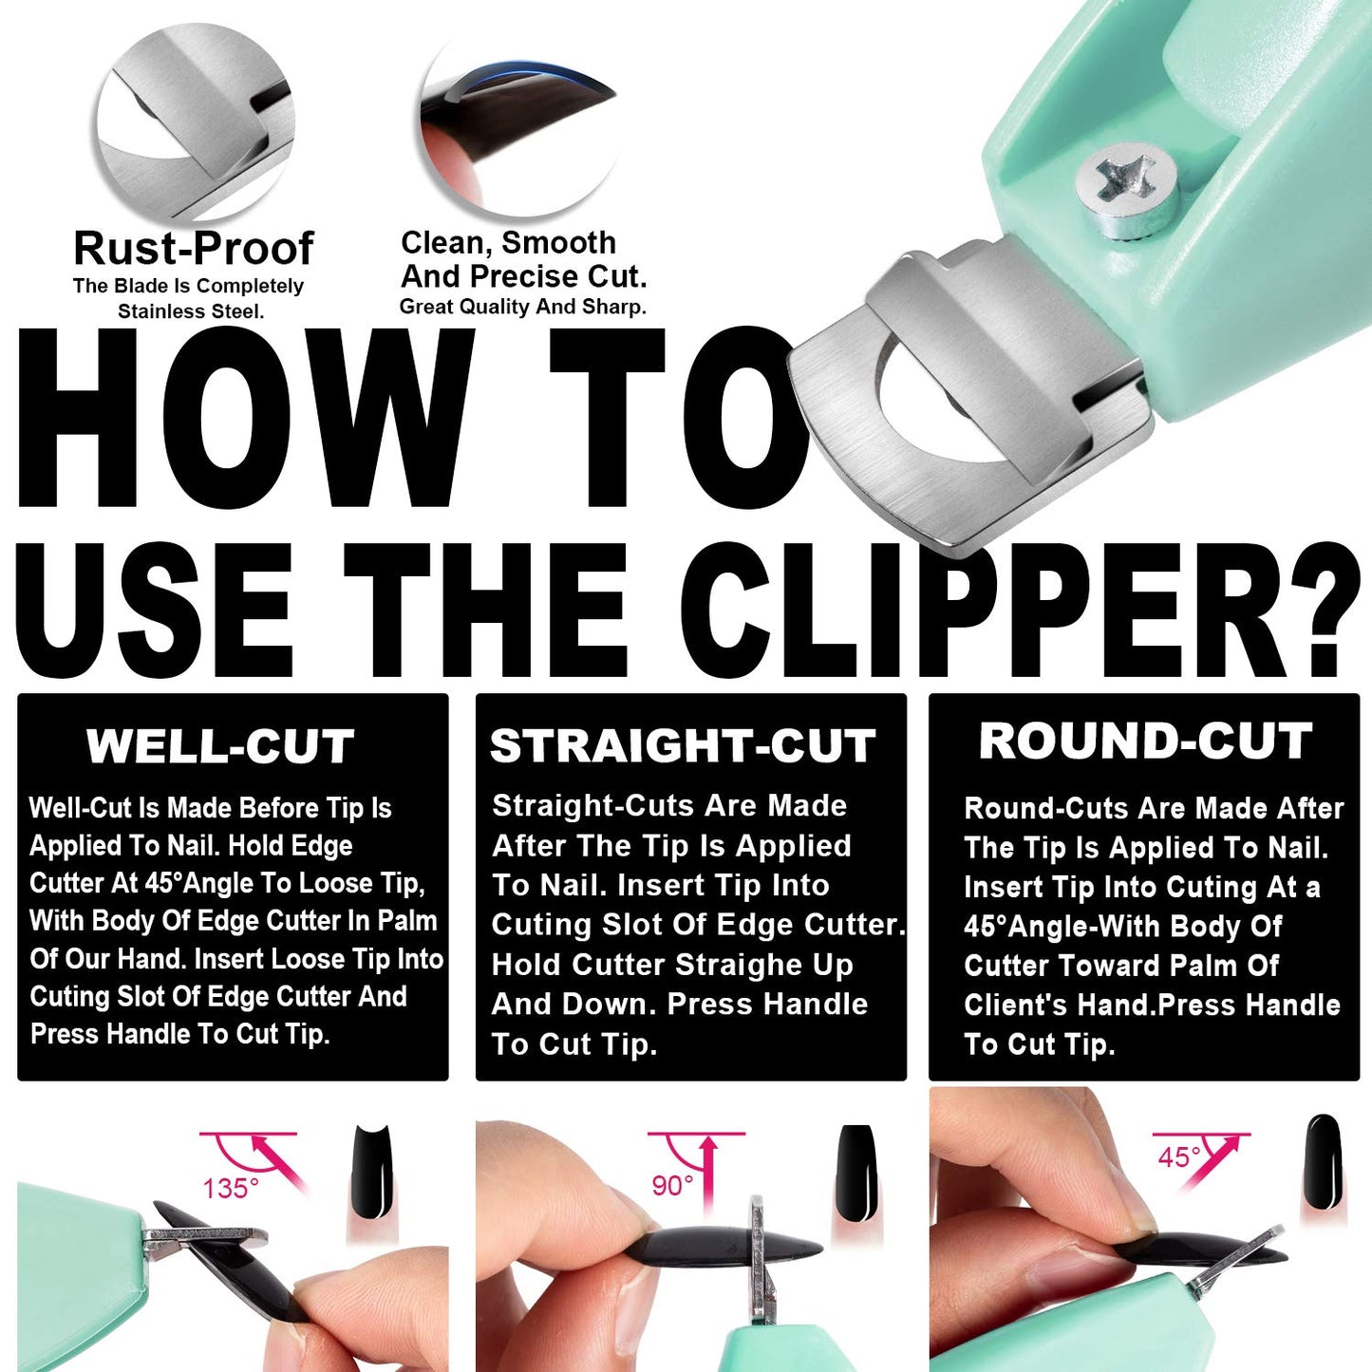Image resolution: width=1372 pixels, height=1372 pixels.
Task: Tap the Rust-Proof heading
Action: click(194, 249)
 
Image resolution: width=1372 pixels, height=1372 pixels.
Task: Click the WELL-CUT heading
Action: click(220, 746)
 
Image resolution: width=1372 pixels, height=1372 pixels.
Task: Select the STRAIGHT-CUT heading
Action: click(683, 746)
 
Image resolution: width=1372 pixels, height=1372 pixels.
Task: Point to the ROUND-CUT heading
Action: click(1145, 742)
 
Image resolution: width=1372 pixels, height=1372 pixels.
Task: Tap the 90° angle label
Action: click(672, 1186)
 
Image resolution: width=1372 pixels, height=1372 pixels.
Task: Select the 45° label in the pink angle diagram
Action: click(1179, 1157)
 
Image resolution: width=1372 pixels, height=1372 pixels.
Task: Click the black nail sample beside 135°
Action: click(372, 1172)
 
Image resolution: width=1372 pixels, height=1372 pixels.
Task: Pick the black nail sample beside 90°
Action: click(855, 1172)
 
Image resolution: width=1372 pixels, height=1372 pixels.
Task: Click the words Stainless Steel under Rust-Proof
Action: click(190, 311)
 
